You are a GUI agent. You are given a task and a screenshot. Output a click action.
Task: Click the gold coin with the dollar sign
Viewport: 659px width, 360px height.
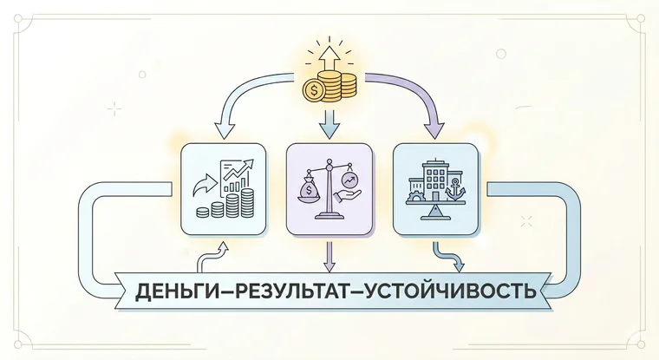(313, 90)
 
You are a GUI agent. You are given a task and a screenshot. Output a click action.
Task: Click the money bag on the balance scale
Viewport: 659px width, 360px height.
(310, 188)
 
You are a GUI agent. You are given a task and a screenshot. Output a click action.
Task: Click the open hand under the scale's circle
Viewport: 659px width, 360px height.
(349, 195)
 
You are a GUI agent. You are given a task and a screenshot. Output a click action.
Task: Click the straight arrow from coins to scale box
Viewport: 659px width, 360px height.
(329, 124)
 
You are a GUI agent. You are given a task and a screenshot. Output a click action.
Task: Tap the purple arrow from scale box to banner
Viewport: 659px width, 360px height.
(329, 256)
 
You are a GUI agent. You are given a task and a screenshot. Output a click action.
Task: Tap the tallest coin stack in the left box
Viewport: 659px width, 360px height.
(247, 203)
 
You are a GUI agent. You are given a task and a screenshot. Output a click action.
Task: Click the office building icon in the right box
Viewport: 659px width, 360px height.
(436, 180)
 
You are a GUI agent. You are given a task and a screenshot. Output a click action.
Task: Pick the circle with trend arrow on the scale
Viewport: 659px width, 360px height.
(349, 180)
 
